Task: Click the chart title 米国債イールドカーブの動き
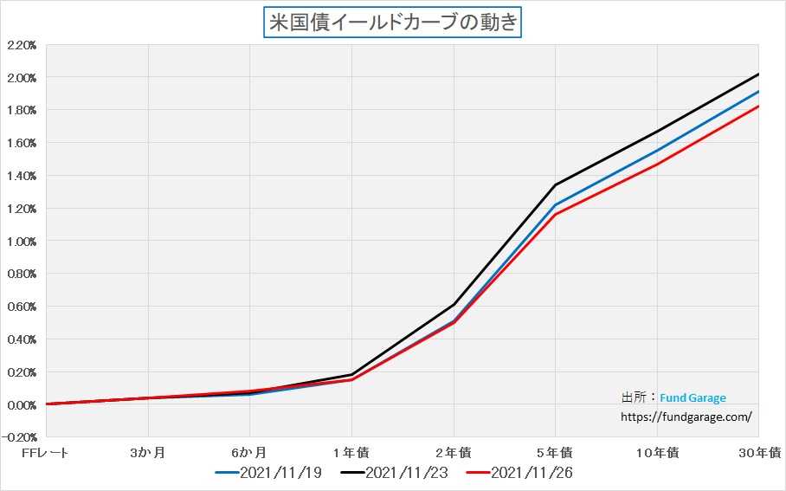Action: [392, 22]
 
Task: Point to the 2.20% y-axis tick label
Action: [21, 45]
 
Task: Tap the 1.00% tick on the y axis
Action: [21, 241]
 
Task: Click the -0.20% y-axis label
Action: [21, 437]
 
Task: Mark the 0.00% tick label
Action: [21, 404]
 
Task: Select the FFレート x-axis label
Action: [45, 452]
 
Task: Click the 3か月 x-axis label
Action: [149, 452]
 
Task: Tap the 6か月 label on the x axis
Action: [249, 452]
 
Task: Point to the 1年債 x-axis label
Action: [351, 452]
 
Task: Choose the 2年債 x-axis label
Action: [454, 452]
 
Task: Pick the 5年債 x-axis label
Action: [555, 452]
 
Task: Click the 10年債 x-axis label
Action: [657, 452]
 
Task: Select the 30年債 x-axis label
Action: [759, 452]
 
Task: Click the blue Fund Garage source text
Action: [693, 398]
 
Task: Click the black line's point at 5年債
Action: [555, 184]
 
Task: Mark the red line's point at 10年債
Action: [657, 164]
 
